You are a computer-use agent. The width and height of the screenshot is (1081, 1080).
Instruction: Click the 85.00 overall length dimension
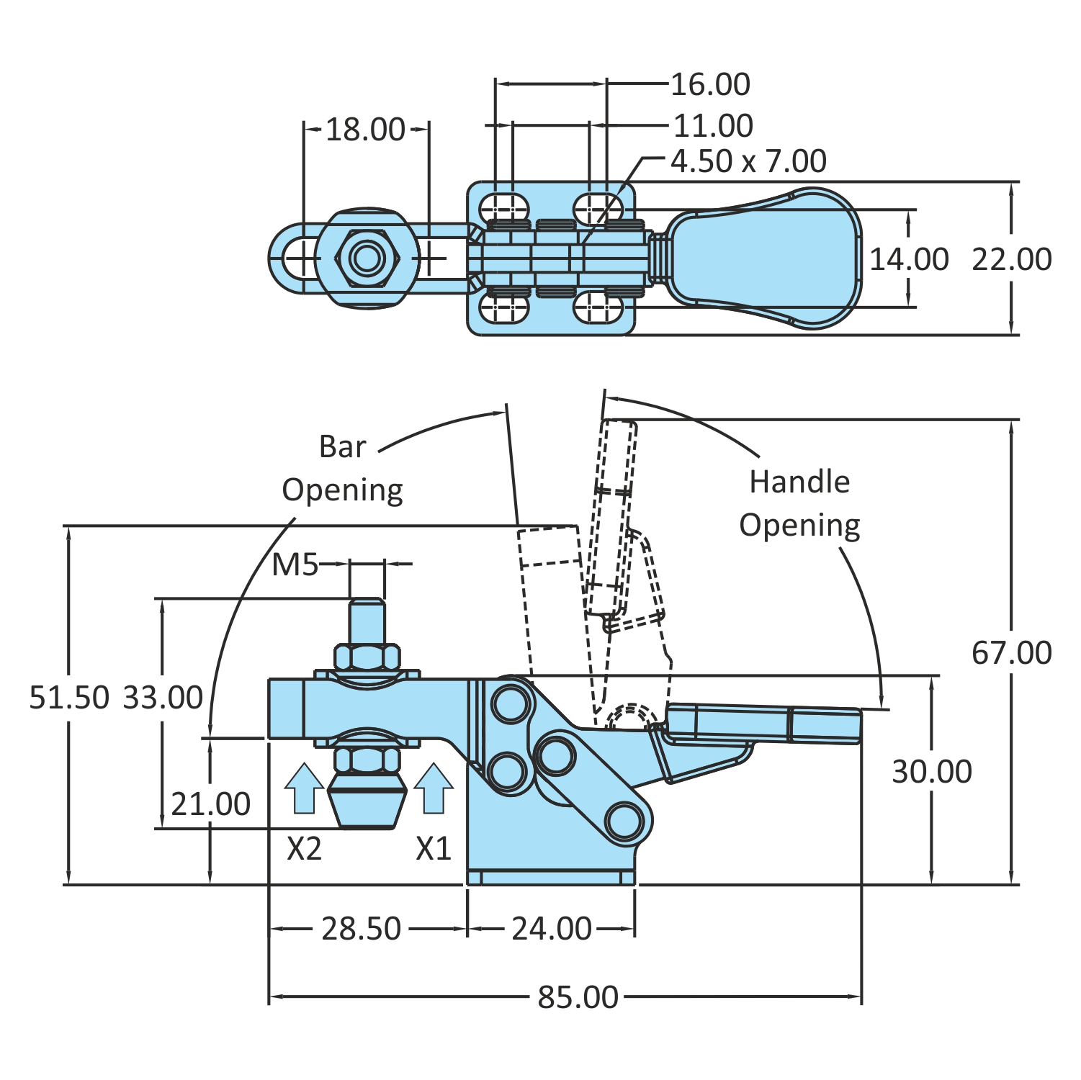tap(578, 997)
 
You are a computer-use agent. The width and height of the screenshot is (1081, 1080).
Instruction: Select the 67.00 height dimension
tap(1011, 652)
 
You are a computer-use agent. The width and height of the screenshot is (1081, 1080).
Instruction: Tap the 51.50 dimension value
tap(69, 697)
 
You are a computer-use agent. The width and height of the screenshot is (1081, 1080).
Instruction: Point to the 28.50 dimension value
tap(361, 928)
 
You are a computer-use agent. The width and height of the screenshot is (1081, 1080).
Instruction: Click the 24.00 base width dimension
tap(552, 928)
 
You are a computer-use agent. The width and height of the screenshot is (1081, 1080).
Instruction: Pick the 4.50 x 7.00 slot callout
tap(748, 161)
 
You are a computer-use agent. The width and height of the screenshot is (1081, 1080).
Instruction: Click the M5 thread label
tap(295, 565)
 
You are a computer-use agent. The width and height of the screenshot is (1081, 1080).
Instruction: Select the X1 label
tap(434, 849)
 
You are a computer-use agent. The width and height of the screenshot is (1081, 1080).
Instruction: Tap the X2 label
tap(304, 849)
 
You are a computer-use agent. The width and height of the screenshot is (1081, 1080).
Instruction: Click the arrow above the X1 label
tap(434, 788)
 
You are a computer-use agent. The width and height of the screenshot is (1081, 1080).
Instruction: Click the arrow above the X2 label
tap(304, 788)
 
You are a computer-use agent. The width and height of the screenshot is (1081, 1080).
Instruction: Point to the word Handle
tap(799, 482)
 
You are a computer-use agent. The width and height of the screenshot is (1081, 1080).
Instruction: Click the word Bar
tap(343, 447)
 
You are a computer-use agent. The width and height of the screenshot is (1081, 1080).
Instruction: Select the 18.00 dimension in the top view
tap(365, 130)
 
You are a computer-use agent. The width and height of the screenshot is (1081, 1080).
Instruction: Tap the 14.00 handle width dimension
tap(910, 259)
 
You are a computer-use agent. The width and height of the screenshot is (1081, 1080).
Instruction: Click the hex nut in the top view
tap(367, 258)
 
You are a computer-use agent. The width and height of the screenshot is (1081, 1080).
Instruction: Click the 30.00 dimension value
tap(932, 771)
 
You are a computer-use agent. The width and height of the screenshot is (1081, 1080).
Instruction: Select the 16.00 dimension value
tap(710, 84)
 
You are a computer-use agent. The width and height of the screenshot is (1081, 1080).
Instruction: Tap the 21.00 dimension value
tap(210, 804)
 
